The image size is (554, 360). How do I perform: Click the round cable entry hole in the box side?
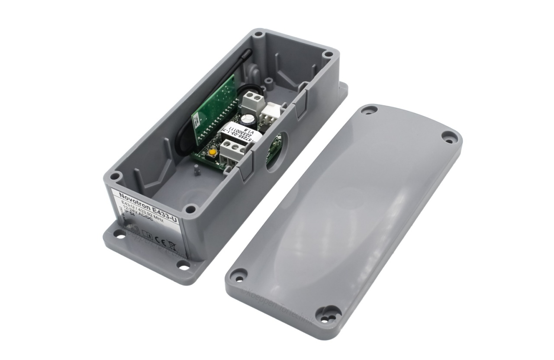[273, 152]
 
